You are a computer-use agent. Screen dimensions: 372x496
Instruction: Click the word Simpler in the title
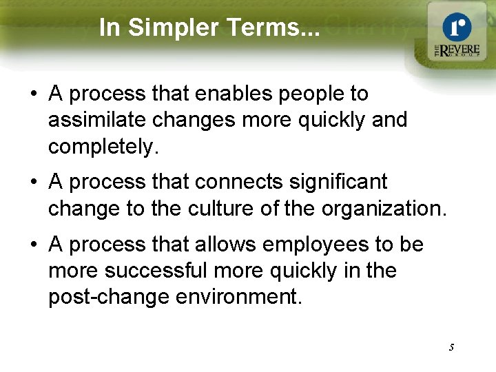(169, 28)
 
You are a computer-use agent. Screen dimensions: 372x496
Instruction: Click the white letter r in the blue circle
(457, 28)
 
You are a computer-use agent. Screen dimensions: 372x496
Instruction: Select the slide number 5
(451, 348)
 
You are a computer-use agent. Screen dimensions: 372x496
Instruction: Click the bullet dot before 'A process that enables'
(34, 94)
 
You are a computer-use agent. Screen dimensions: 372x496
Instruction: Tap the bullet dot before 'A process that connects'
(34, 183)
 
